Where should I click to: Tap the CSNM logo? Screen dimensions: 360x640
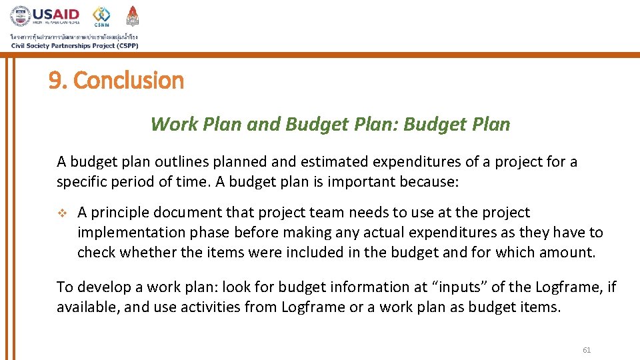tap(102, 16)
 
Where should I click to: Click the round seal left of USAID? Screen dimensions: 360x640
tap(20, 16)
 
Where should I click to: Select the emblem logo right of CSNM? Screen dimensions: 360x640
tap(133, 15)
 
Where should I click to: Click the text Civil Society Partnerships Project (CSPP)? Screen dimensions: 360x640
tap(74, 45)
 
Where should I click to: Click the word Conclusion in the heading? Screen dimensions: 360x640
tap(128, 81)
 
